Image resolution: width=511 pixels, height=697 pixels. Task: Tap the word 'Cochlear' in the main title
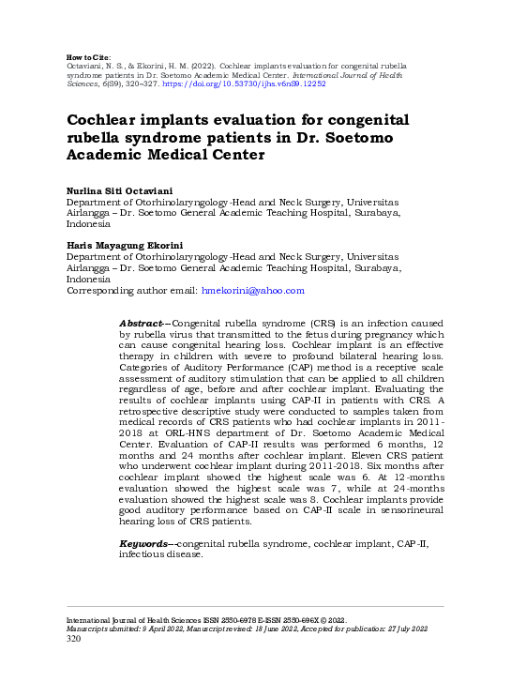pos(106,120)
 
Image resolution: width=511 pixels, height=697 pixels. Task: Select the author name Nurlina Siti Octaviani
pos(118,190)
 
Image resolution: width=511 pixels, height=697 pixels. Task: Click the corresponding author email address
pos(253,291)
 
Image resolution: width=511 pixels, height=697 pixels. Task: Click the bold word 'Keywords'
pos(144,544)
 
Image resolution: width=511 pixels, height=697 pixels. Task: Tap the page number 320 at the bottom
pos(73,640)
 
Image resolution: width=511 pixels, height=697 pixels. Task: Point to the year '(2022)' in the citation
pos(224,55)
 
